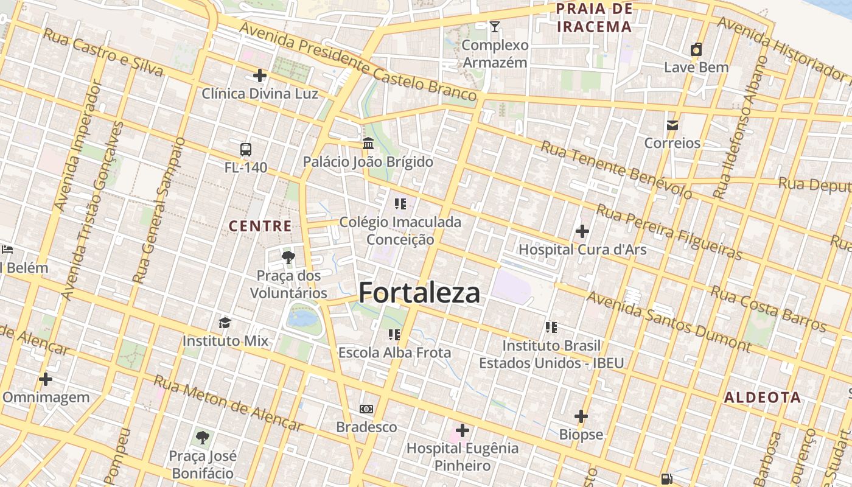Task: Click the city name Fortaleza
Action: click(419, 293)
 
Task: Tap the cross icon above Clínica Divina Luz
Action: click(260, 75)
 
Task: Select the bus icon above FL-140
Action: click(246, 149)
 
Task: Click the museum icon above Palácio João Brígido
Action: click(368, 144)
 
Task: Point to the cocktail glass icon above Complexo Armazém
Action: click(495, 26)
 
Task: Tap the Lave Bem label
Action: click(696, 67)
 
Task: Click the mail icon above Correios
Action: click(672, 125)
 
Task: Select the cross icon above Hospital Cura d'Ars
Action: click(582, 231)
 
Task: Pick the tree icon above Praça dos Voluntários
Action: click(288, 258)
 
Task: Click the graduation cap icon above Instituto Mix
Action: click(225, 323)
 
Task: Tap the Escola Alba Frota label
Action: click(395, 352)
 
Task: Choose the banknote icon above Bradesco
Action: click(366, 409)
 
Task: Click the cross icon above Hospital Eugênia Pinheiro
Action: click(463, 430)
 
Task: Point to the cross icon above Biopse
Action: click(581, 416)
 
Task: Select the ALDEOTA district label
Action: click(763, 398)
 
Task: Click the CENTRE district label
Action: click(260, 226)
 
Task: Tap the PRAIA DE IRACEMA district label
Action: click(595, 18)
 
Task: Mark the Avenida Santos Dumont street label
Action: click(669, 321)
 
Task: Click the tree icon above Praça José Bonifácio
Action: click(203, 437)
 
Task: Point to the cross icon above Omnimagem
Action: click(46, 379)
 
